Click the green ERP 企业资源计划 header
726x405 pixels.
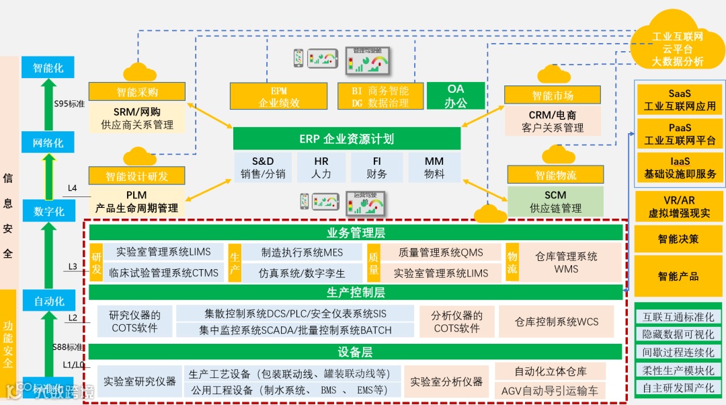(x=346, y=139)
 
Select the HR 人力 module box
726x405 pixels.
(x=321, y=168)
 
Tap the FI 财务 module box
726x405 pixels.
(x=376, y=168)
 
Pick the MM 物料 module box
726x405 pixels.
(x=434, y=168)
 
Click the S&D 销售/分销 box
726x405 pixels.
(x=263, y=168)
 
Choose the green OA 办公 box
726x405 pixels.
(x=455, y=96)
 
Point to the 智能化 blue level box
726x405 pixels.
(x=48, y=68)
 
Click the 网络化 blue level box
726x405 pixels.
(x=48, y=143)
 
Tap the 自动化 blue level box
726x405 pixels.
(x=49, y=301)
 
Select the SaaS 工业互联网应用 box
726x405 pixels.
(x=680, y=100)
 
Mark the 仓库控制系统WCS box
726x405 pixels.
(x=556, y=322)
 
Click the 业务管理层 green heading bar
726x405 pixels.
(x=356, y=233)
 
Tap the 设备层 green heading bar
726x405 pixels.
(x=356, y=352)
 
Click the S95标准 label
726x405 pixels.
(x=69, y=104)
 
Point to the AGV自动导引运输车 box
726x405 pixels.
(x=550, y=390)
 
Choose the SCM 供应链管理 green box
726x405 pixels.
(x=555, y=202)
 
